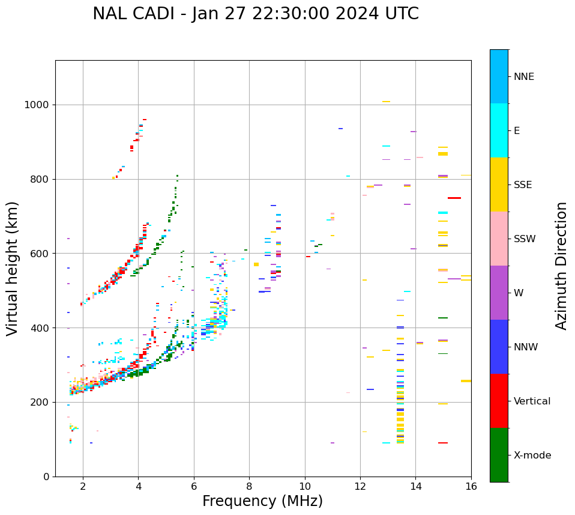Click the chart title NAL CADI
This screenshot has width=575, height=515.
tap(255, 14)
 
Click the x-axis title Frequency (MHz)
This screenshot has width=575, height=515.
tap(262, 501)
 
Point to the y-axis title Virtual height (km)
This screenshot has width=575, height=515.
tap(13, 268)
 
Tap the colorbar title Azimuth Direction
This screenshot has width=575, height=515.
tap(561, 265)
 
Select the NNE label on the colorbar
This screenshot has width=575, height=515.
tap(523, 77)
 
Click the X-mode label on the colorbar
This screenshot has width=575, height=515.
tap(532, 456)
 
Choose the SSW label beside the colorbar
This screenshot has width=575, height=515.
tap(525, 239)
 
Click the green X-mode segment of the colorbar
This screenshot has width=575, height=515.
tap(499, 455)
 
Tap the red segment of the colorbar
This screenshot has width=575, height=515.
tap(499, 401)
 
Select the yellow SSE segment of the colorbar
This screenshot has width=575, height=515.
tap(499, 184)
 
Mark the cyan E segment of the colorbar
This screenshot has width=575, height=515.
tap(499, 130)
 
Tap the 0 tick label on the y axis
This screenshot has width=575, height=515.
tap(46, 477)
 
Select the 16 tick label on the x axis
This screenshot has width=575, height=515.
tap(471, 486)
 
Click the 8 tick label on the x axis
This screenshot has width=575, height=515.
tap(249, 486)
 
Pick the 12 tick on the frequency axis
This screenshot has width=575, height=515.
tap(360, 486)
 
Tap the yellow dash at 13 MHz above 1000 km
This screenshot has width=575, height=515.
tap(386, 102)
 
